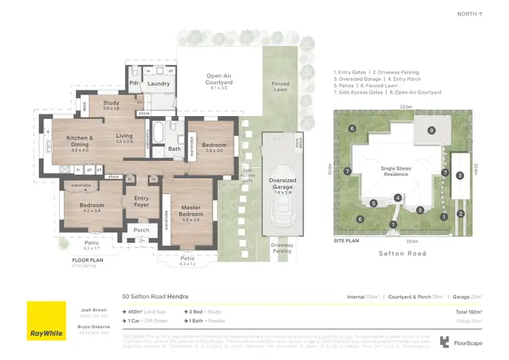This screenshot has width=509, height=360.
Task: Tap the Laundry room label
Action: click(x=158, y=84)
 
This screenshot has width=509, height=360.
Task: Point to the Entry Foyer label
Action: click(x=142, y=201)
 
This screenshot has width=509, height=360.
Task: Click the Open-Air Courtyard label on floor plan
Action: click(x=219, y=79)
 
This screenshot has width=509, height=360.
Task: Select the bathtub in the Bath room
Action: click(x=157, y=130)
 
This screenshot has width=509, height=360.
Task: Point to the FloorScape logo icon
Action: click(x=445, y=342)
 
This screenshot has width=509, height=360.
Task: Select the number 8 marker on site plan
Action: click(x=431, y=130)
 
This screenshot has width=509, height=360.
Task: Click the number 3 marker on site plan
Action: click(x=460, y=176)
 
